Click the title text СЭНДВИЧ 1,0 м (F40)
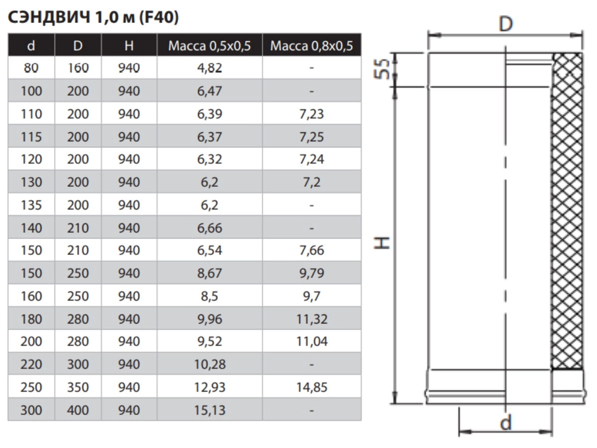94,18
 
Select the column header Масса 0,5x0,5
209,46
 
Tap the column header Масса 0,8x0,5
312,46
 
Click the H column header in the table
129,46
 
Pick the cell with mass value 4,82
209,68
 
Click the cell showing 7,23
312,114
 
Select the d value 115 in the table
31,137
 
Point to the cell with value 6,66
209,228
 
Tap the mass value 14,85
312,387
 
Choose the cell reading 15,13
209,410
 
